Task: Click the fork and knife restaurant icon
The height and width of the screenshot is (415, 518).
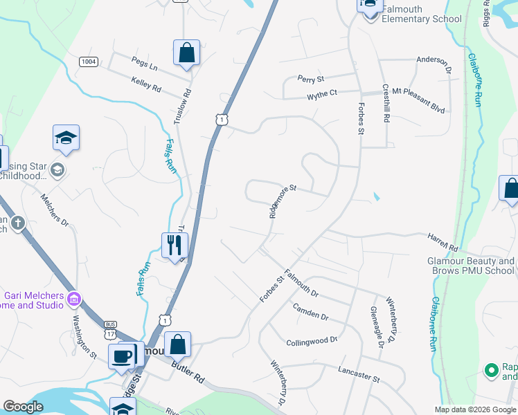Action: (175, 244)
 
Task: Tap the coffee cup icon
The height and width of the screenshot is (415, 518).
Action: (123, 356)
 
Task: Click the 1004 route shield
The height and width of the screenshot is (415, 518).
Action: (89, 62)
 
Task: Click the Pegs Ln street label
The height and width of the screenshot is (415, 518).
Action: (145, 68)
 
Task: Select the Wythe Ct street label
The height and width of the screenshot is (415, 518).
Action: (322, 93)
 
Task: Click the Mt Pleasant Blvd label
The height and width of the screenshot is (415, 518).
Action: (418, 91)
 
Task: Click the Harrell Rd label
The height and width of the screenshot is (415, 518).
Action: (443, 242)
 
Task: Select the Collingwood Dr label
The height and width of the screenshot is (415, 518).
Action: (312, 341)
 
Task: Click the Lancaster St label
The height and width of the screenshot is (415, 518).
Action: (359, 375)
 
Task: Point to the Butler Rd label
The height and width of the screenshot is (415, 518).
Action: (190, 374)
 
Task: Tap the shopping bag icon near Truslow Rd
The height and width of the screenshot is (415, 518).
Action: (186, 52)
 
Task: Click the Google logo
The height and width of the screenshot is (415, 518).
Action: (24, 407)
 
